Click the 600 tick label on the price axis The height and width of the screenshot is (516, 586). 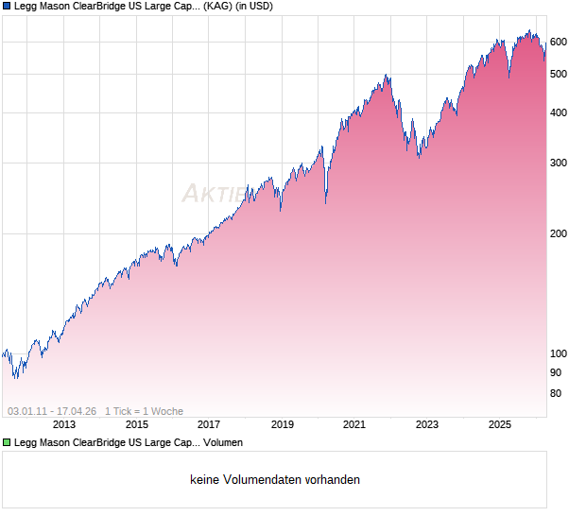[558, 42]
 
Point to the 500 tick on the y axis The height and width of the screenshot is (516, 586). [558, 74]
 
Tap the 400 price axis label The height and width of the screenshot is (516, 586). [558, 113]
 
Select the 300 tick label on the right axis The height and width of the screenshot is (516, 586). [558, 163]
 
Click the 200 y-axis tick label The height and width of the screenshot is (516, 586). [558, 233]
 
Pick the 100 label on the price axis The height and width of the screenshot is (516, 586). [558, 353]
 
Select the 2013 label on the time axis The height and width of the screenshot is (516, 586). [64, 424]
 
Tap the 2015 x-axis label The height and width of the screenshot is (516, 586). [137, 424]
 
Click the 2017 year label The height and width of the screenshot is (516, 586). [209, 424]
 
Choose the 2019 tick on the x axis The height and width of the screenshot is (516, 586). [282, 424]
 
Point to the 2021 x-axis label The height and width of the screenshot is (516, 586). [354, 424]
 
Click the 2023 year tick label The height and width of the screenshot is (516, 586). [427, 424]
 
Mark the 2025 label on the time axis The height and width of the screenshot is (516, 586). [500, 424]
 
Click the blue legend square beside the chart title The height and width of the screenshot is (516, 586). [7, 7]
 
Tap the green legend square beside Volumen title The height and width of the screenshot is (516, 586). [7, 441]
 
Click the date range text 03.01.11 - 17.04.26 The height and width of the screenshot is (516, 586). [52, 411]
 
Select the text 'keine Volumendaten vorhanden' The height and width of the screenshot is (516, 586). [275, 480]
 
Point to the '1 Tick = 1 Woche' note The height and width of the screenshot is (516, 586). [144, 411]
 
